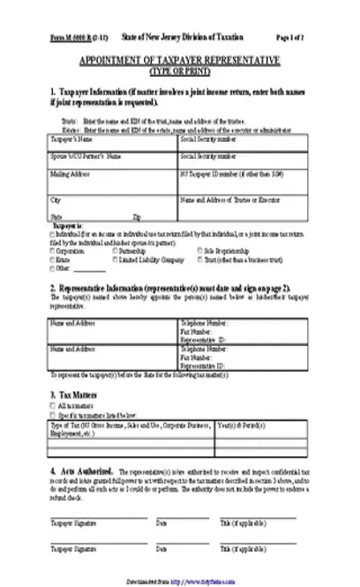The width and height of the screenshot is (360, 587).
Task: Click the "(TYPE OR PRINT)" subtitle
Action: point(179,68)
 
